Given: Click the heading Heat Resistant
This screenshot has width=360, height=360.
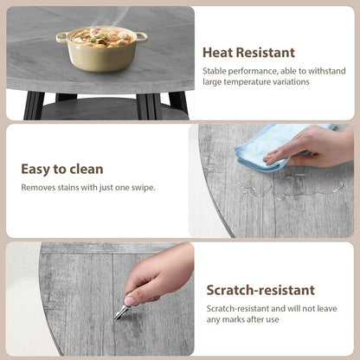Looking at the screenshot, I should click(248, 53).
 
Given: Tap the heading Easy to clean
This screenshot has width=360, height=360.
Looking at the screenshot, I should click(61, 169).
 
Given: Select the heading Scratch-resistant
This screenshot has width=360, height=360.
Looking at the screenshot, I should click(260, 290).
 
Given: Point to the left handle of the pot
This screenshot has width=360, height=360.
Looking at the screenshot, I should click(61, 36).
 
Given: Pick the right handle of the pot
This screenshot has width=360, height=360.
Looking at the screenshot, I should click(141, 35).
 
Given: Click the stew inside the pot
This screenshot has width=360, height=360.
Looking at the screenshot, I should click(101, 35).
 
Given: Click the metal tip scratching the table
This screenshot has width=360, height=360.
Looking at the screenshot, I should click(118, 314).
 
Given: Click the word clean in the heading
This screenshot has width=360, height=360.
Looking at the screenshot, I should click(86, 169).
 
